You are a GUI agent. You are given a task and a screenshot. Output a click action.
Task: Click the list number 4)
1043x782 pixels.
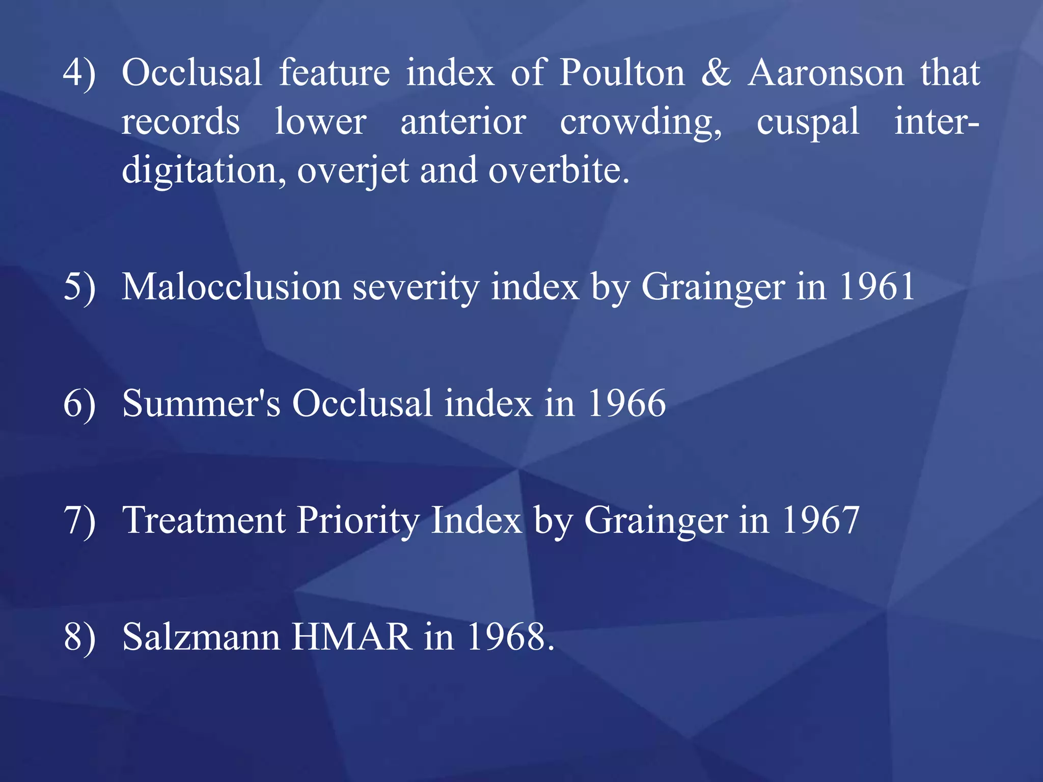coord(79,73)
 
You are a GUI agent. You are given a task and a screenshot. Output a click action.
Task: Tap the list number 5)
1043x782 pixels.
coord(79,287)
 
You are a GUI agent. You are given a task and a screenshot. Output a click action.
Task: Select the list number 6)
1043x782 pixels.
coord(79,404)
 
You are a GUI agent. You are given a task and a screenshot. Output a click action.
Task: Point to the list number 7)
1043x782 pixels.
coord(79,520)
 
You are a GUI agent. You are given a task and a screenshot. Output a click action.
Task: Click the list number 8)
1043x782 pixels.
coord(79,637)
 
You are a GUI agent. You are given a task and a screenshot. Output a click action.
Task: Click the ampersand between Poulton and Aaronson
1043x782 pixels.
coord(716,73)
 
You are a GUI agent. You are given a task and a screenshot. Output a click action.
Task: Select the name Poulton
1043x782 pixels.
coord(622,73)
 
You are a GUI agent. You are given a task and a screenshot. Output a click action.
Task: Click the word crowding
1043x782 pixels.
coord(641,123)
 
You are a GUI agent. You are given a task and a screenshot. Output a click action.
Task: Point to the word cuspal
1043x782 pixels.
coord(808,123)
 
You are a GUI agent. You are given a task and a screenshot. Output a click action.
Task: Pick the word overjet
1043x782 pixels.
coord(353,171)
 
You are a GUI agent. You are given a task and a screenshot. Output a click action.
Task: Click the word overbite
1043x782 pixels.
coord(559,171)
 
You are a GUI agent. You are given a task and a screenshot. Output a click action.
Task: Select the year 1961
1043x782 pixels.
coord(877,287)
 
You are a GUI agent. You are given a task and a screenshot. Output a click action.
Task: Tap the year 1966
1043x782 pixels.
coord(627,404)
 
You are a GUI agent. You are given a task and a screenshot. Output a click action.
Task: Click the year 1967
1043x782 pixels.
coord(821,520)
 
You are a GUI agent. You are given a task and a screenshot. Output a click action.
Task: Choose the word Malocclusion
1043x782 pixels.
coord(232,287)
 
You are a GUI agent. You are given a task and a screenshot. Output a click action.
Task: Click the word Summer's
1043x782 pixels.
coord(201,404)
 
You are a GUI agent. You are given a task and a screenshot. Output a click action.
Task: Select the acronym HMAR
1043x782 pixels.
coord(351,637)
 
